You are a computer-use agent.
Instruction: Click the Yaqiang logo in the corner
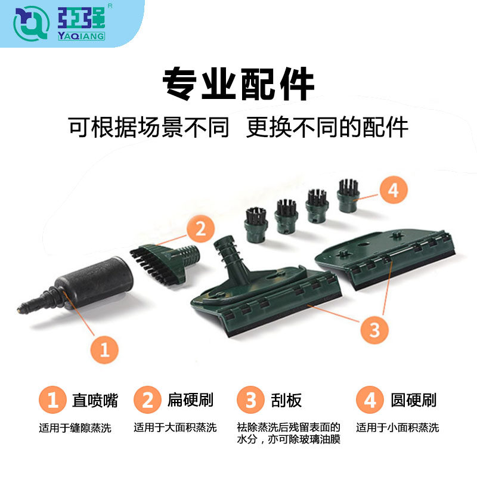pyautogui.click(x=60, y=23)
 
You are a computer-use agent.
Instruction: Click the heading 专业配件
pyautogui.click(x=238, y=84)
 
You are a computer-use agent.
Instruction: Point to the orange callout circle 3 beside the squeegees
pyautogui.click(x=374, y=329)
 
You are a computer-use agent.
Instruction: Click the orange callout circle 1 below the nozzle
pyautogui.click(x=105, y=349)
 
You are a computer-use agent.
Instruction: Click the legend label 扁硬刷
pyautogui.click(x=190, y=399)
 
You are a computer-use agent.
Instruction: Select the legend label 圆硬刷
pyautogui.click(x=414, y=399)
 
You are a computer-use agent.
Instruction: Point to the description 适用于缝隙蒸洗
pyautogui.click(x=75, y=428)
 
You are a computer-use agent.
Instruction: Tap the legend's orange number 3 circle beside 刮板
pyautogui.click(x=250, y=399)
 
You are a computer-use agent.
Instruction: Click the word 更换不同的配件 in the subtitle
pyautogui.click(x=327, y=127)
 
